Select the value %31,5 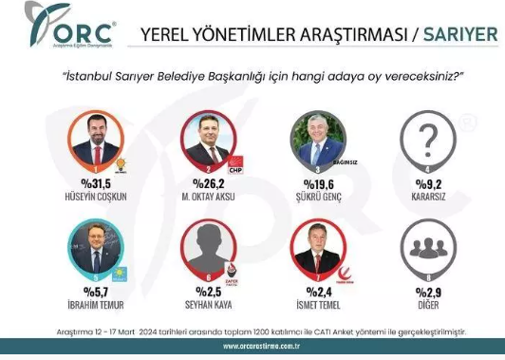point(95,184)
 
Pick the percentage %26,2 point(207,184)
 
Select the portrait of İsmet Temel point(318,251)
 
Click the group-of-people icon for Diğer point(429,251)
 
